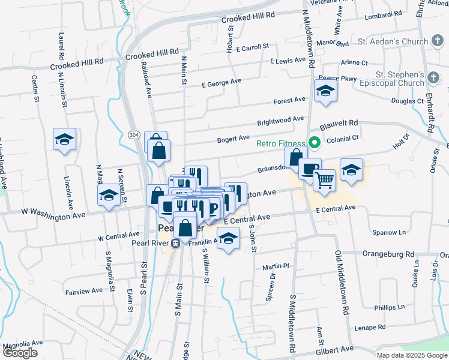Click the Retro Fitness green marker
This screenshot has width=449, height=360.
tap(313, 143)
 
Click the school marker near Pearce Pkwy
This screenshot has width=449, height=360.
tap(325, 91)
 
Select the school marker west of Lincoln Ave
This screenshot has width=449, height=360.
tap(64, 140)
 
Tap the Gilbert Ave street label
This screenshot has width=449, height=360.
tap(340, 349)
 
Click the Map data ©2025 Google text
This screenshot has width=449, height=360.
tap(412, 355)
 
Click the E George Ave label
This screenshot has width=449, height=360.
tap(221, 83)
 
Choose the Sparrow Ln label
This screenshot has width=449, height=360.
tap(389, 232)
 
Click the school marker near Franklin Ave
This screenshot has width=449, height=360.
tap(228, 239)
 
